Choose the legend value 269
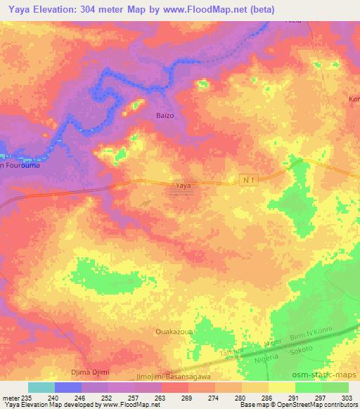pos(186,397)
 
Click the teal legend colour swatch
pos(41,387)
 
